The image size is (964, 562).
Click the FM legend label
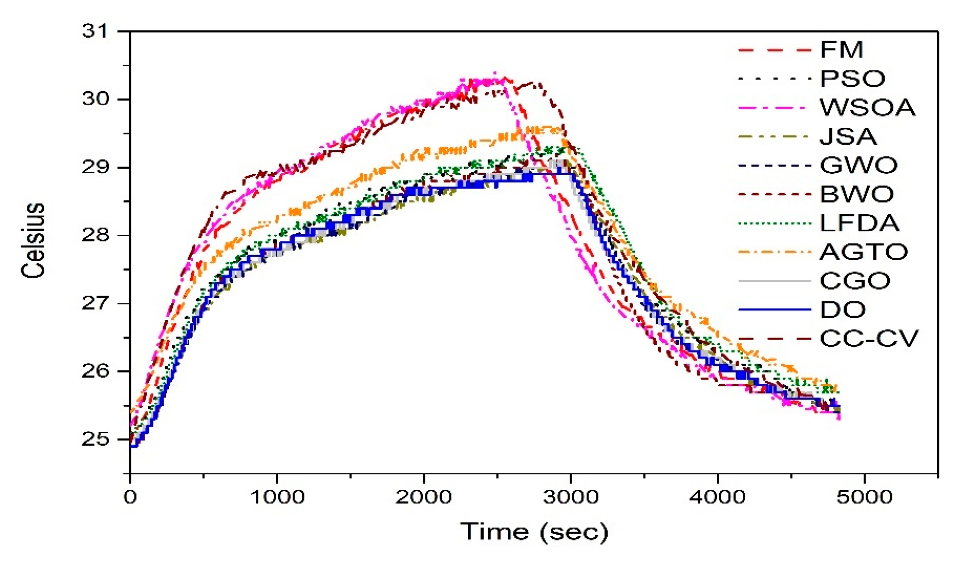click(x=841, y=50)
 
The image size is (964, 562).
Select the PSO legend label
click(x=852, y=79)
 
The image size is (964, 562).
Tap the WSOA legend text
click(x=868, y=108)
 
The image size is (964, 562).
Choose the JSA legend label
click(x=848, y=137)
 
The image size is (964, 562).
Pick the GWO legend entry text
click(x=858, y=165)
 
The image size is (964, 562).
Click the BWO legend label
click(x=857, y=194)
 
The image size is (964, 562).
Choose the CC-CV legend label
click(x=869, y=338)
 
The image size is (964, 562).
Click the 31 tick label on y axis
click(x=96, y=31)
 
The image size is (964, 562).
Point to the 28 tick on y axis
click(x=96, y=235)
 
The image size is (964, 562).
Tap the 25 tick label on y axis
click(x=96, y=439)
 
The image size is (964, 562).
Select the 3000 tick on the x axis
click(x=571, y=497)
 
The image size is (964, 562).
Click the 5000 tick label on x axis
click(x=864, y=497)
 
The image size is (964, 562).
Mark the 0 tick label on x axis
click(x=130, y=497)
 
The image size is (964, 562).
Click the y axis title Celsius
click(x=34, y=240)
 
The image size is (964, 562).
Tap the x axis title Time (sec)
click(x=534, y=532)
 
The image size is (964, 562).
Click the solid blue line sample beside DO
click(x=774, y=310)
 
